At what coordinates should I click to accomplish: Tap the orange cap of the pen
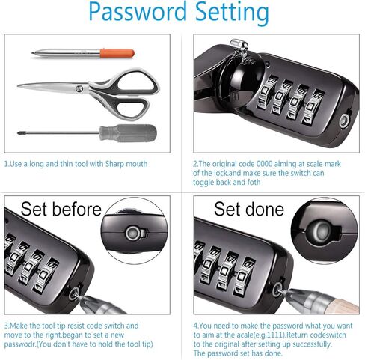[117, 54]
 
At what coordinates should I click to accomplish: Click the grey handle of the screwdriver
[128, 133]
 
